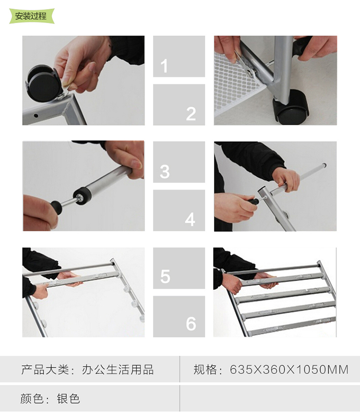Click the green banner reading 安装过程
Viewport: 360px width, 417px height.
click(x=32, y=16)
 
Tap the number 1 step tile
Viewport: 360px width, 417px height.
click(x=179, y=56)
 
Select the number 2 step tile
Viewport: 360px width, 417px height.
click(x=179, y=105)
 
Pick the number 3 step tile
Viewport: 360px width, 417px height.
click(x=179, y=162)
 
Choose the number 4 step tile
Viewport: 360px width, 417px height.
click(x=179, y=210)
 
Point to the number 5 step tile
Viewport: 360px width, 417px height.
click(x=179, y=268)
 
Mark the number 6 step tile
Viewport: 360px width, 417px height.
click(x=179, y=317)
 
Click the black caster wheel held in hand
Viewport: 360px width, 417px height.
click(x=43, y=83)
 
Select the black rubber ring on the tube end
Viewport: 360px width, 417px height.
click(x=82, y=196)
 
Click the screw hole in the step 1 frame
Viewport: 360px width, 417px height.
click(x=36, y=116)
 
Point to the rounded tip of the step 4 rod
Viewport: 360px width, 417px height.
click(x=324, y=165)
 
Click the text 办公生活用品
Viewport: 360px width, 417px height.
click(x=118, y=369)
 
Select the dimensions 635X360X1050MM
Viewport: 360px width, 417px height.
click(x=289, y=369)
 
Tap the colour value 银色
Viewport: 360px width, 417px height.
click(x=68, y=399)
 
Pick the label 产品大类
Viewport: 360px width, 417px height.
click(x=45, y=369)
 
